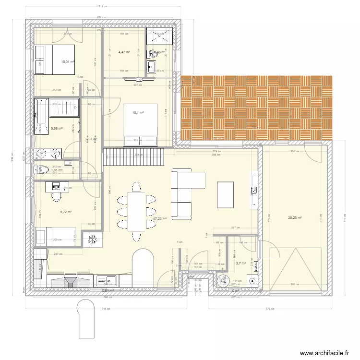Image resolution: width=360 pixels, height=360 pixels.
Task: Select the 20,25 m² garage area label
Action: point(294,217)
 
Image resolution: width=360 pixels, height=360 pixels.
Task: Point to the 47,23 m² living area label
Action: point(159,218)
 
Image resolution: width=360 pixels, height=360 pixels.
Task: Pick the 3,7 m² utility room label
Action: point(240,263)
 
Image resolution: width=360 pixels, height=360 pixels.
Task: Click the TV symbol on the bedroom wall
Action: point(139,80)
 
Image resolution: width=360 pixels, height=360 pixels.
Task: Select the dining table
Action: point(136,211)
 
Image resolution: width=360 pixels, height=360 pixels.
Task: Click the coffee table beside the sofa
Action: point(226,194)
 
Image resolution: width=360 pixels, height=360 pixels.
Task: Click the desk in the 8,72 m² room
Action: point(56,186)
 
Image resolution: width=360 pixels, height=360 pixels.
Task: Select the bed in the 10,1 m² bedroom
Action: point(140,125)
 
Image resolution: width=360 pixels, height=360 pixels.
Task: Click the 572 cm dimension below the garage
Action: point(271,309)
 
